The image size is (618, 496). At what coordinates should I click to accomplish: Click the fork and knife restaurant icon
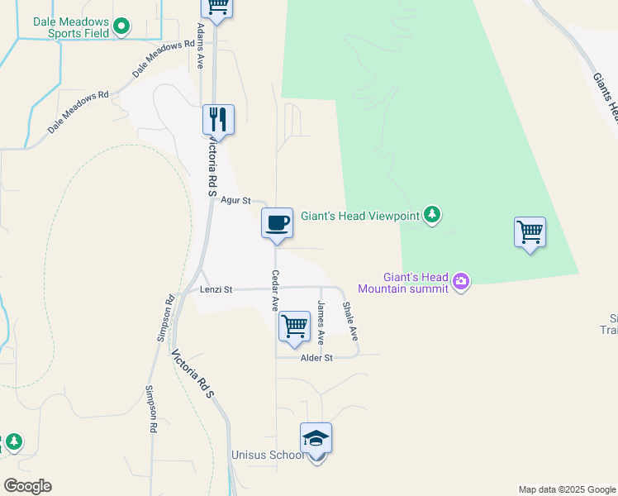(x=218, y=120)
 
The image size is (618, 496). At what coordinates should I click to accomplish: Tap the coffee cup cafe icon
(x=277, y=222)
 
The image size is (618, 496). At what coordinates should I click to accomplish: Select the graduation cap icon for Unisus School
(x=316, y=439)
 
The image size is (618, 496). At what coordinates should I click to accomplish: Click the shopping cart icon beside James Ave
(x=293, y=327)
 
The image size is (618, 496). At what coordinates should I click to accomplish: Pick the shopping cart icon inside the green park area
(x=530, y=231)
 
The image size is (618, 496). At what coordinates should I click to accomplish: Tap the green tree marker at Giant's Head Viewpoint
(x=432, y=215)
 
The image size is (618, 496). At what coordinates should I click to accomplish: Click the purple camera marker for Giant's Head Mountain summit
(x=461, y=283)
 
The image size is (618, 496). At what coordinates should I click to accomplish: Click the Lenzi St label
(x=216, y=290)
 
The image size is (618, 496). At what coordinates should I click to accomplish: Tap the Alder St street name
(x=316, y=358)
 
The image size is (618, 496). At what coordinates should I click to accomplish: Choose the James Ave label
(x=321, y=322)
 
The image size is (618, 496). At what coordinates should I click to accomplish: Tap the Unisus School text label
(x=266, y=455)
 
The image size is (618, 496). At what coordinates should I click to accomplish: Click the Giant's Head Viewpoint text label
(x=360, y=216)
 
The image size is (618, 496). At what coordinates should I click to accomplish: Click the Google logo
(x=28, y=486)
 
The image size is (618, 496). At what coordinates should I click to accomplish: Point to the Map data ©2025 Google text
(x=566, y=489)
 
